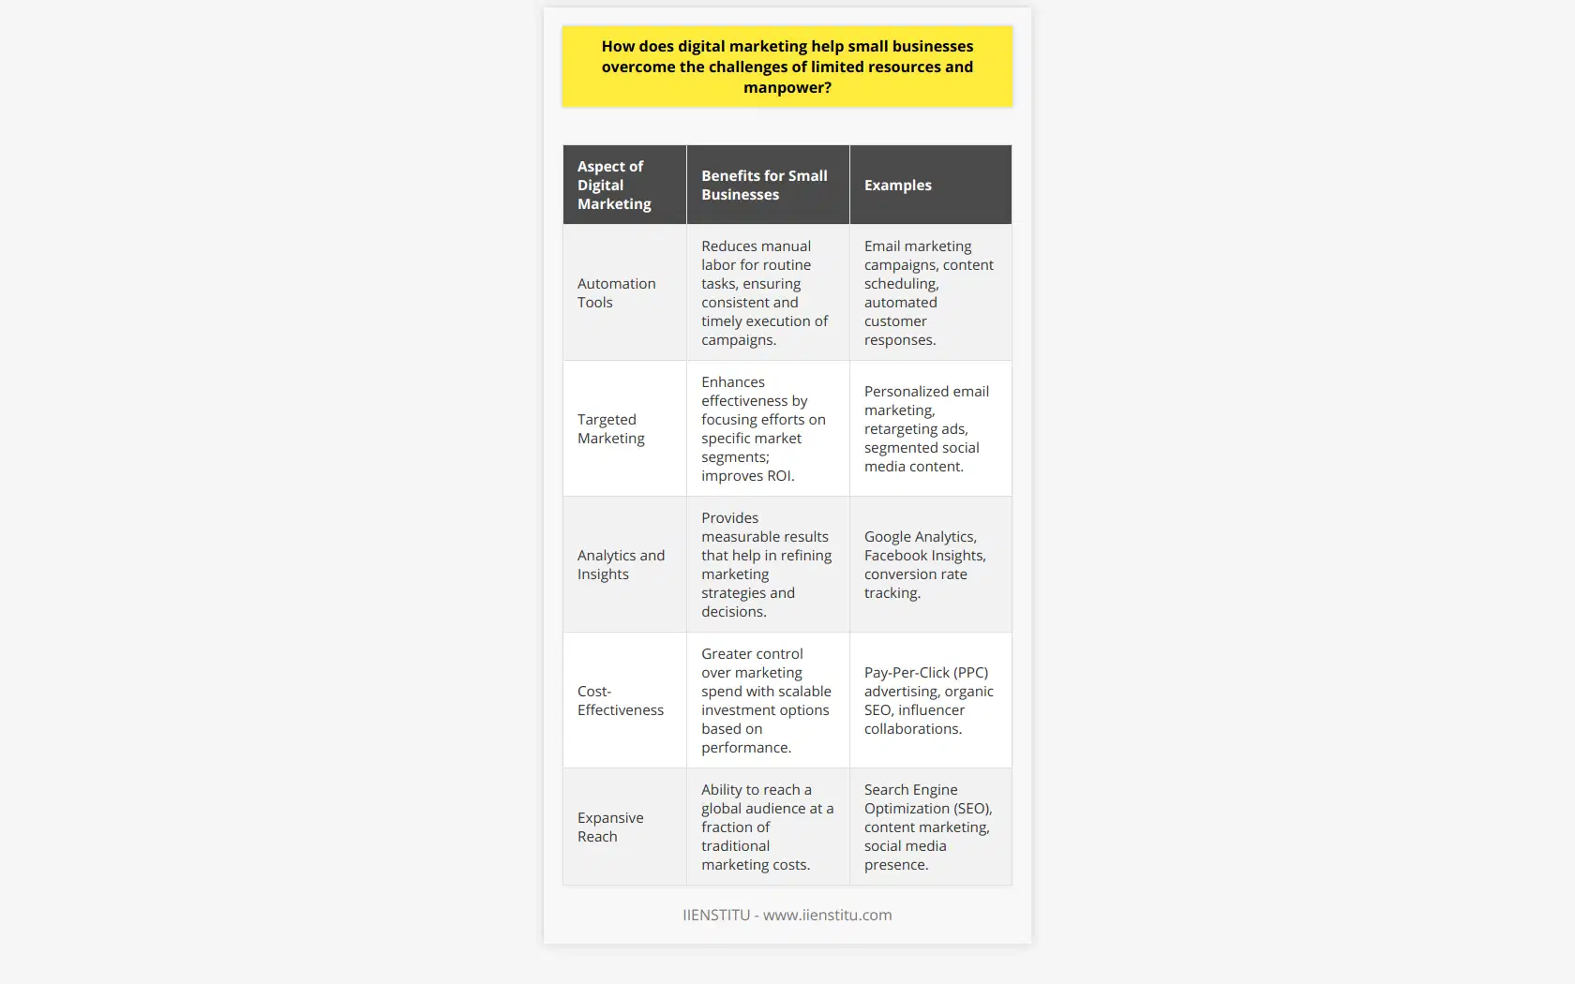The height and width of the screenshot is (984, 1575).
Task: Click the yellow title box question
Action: click(787, 67)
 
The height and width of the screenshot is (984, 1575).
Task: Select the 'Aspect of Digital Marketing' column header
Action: click(614, 185)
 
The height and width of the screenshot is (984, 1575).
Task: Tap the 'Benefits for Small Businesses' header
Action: click(764, 185)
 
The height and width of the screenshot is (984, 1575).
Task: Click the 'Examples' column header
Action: click(898, 186)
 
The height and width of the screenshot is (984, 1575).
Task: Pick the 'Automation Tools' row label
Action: click(616, 292)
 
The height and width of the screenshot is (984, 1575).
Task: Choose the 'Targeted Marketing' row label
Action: click(611, 428)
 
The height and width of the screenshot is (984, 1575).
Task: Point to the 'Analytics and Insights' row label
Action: click(621, 564)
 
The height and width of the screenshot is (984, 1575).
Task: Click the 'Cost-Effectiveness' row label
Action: click(620, 700)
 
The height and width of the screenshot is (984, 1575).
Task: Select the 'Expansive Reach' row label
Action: click(610, 827)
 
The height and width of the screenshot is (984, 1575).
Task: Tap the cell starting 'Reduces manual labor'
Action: click(764, 292)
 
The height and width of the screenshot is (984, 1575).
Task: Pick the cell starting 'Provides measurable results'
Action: click(766, 564)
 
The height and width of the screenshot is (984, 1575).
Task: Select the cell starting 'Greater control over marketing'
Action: click(766, 700)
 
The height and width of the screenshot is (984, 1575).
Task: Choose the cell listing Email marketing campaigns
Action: click(928, 292)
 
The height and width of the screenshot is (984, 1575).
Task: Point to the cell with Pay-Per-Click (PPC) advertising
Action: click(928, 700)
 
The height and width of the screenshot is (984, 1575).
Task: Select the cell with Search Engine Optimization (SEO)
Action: click(927, 827)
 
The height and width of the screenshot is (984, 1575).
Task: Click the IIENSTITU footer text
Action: click(787, 915)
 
